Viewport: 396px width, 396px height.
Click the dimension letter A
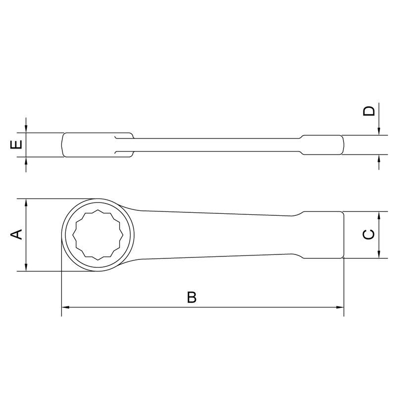coord(17,235)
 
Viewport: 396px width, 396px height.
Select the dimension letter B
coord(192,297)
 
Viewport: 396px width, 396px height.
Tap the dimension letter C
coord(369,235)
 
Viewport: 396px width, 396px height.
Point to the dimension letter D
coord(369,111)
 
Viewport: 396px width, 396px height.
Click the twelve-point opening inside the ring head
coord(97,235)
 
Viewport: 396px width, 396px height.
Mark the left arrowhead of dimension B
coord(65,307)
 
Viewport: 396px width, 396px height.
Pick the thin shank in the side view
coord(213,145)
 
